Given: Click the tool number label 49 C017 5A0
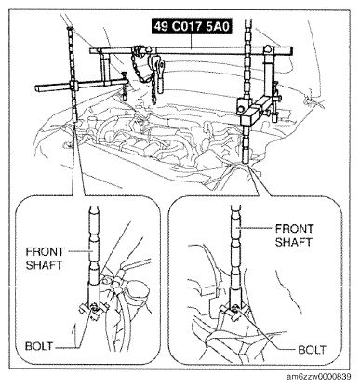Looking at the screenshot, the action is (x=192, y=27).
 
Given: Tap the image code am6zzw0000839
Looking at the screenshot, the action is (x=319, y=377).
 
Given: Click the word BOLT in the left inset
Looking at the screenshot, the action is (x=39, y=346).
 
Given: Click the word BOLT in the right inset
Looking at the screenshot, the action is (x=312, y=350).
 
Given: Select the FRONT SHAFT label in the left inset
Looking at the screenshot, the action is (x=45, y=259).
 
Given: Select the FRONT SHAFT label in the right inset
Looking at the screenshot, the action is (x=294, y=235).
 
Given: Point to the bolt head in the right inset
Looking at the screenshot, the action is (x=235, y=308).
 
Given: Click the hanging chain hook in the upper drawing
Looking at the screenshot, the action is (x=160, y=77).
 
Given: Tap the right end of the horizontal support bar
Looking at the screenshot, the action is (x=291, y=50).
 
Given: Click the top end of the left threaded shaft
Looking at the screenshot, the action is (x=70, y=29).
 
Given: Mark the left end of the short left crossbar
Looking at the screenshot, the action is (x=36, y=88).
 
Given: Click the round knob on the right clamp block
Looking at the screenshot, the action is (x=241, y=109).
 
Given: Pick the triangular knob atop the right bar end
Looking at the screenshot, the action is (x=267, y=48).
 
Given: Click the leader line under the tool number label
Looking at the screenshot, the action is (x=192, y=41).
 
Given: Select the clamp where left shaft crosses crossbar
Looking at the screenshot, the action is (x=73, y=85).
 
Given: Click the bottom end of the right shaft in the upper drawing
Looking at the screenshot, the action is (x=247, y=162).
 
